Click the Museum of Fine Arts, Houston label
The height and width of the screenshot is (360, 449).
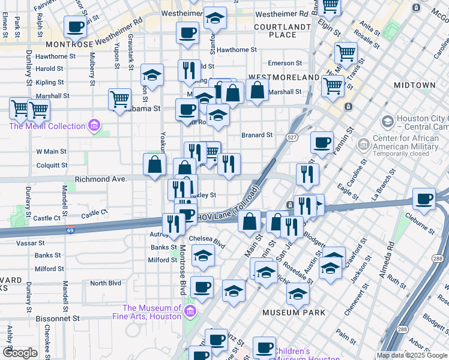tap(147, 312)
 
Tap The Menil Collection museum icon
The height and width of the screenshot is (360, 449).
tap(94, 126)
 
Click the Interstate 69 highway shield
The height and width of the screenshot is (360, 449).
tap(70, 230)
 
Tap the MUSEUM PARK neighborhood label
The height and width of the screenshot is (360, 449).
tap(294, 313)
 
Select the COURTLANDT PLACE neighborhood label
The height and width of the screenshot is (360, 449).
tap(282, 31)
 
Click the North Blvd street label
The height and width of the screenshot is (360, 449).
tap(106, 283)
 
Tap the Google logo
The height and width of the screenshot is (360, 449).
tap(20, 353)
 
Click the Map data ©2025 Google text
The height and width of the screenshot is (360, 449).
tap(412, 355)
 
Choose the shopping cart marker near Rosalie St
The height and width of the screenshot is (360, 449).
tap(346, 53)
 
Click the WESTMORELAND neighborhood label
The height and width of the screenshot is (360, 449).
tap(284, 78)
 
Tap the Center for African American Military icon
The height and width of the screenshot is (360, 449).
tap(363, 145)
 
